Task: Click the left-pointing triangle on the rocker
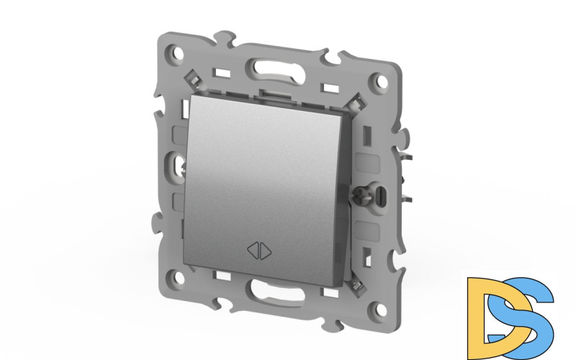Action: pyautogui.click(x=254, y=251)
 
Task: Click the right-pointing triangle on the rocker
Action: pyautogui.click(x=265, y=251)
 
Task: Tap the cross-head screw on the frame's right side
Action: pyautogui.click(x=359, y=192)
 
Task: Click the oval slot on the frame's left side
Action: pyautogui.click(x=179, y=167)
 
